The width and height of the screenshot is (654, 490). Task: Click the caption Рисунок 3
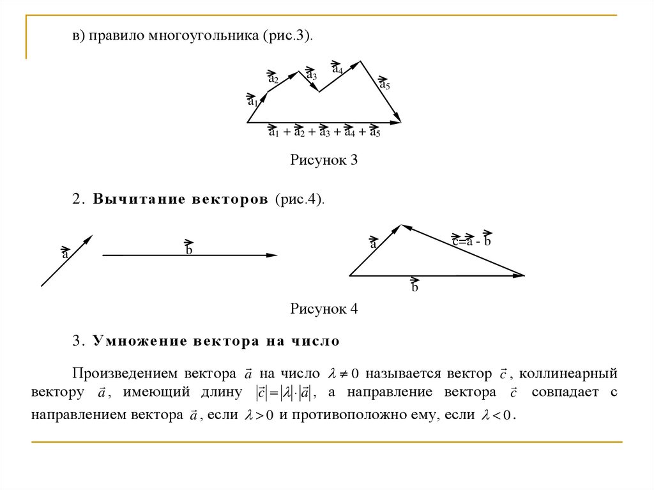point(324,160)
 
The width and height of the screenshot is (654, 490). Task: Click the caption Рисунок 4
point(324,309)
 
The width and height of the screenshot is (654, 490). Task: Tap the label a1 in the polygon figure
point(252,100)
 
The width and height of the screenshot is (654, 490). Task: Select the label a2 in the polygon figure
point(273,78)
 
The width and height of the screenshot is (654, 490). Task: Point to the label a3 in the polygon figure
point(312,74)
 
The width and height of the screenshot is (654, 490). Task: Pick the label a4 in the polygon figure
point(337,67)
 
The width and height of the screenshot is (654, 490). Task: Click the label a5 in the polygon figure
point(384,84)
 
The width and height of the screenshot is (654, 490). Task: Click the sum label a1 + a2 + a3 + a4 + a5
point(324,132)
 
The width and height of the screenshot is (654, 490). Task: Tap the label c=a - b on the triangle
point(471,240)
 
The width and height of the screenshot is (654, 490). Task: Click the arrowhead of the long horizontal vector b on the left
point(274,256)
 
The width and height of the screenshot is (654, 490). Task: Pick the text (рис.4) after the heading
point(300,199)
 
